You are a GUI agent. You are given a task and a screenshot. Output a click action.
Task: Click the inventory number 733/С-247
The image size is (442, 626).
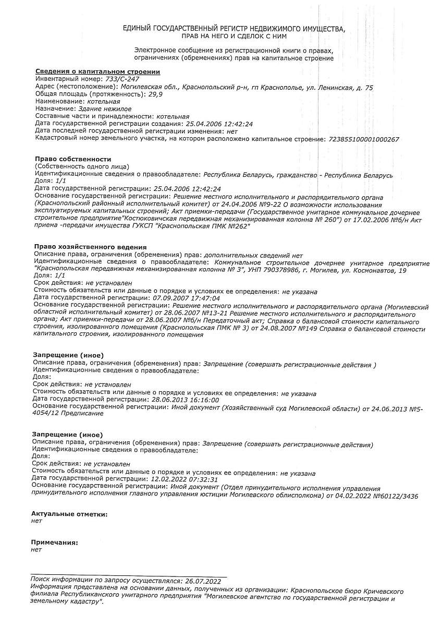122,79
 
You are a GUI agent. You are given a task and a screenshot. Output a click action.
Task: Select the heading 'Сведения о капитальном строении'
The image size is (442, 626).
97,71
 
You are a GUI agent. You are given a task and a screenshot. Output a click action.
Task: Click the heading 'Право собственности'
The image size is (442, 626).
73,159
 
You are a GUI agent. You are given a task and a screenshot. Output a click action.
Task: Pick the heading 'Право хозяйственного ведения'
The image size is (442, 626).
90,246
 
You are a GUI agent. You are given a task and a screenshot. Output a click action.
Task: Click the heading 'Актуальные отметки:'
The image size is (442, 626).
69,514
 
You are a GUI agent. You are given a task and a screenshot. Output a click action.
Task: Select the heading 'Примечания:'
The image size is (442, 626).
55,543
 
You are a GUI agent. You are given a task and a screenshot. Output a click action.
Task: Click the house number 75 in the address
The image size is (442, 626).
369,87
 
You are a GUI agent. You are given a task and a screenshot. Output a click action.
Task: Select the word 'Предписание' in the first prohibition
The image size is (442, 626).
81,413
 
